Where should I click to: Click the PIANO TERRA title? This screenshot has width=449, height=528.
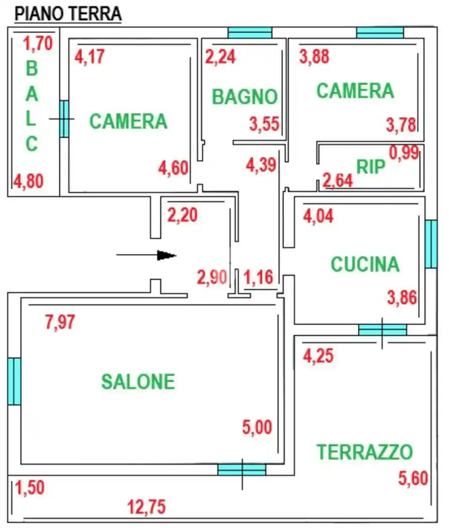click(68, 14)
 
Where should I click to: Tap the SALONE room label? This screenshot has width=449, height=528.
click(138, 382)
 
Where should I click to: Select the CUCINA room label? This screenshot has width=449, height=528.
click(365, 264)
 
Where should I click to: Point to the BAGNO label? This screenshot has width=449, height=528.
click(245, 97)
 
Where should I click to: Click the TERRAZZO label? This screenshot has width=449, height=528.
click(365, 452)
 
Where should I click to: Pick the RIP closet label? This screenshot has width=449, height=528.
click(371, 166)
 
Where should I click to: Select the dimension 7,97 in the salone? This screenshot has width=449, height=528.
click(60, 322)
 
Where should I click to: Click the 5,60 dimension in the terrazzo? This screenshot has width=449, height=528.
click(413, 477)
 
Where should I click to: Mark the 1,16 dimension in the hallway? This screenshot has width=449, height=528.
click(258, 277)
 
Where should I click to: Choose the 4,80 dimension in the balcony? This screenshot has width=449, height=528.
click(28, 180)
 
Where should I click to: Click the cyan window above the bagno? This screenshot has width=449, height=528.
click(250, 33)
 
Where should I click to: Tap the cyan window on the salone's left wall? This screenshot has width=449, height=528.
click(15, 381)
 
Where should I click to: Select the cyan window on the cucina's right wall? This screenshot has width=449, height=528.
click(431, 244)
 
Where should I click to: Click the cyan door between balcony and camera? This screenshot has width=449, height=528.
click(64, 119)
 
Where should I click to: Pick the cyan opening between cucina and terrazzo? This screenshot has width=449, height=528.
click(382, 330)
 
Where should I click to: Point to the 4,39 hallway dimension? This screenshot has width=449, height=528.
click(260, 164)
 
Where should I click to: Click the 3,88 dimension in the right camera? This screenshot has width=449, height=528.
click(314, 56)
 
